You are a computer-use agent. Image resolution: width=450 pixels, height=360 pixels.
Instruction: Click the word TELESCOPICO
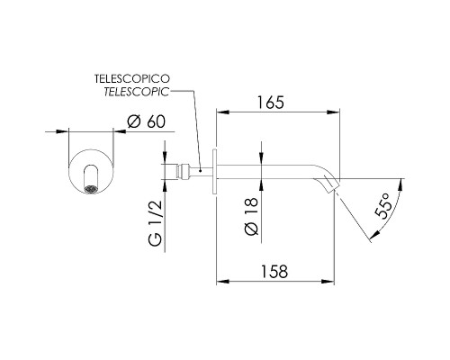tap(132, 78)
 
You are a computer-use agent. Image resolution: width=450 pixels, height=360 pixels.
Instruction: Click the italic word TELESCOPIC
tap(137, 92)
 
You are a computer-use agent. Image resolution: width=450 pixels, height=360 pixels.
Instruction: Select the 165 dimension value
tap(271, 103)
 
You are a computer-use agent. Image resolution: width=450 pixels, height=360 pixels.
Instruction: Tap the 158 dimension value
tap(274, 272)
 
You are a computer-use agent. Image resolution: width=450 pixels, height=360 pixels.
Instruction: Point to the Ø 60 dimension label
tap(146, 121)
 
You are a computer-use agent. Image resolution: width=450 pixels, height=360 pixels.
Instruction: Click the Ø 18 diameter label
tap(251, 216)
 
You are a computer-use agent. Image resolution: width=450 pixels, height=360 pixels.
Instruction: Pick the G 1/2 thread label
tap(156, 223)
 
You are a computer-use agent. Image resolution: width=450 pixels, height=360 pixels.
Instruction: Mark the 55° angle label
tap(383, 206)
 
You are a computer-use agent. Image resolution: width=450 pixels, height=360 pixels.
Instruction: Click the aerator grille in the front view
tap(91, 189)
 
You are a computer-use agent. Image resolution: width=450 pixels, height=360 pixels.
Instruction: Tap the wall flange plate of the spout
tap(214, 171)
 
